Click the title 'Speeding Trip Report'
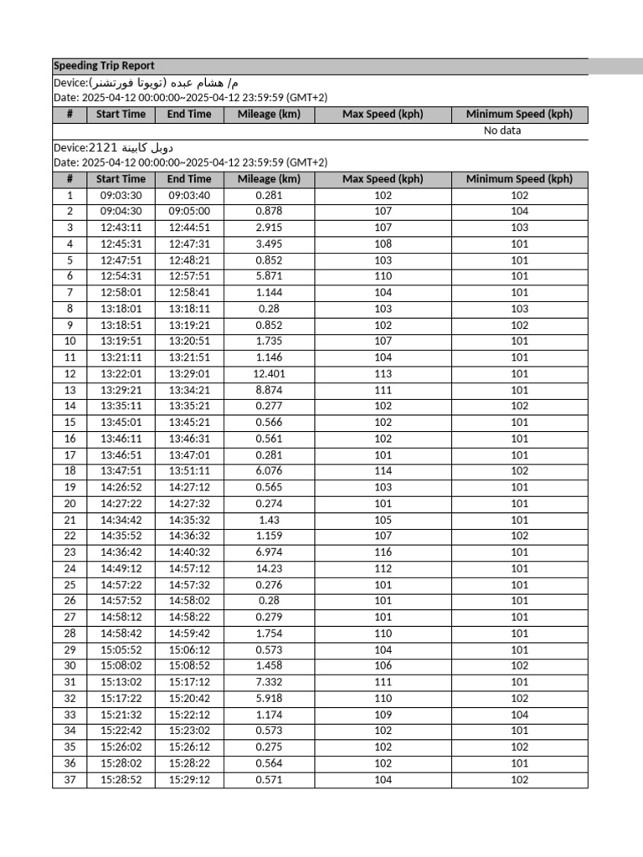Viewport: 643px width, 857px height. (104, 66)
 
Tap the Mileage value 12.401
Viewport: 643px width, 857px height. (269, 374)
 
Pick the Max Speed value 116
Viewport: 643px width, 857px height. (383, 552)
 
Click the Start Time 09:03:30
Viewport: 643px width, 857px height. (121, 195)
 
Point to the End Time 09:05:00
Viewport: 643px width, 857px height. (189, 212)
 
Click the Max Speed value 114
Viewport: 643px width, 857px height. (383, 471)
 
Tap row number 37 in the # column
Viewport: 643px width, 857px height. (69, 780)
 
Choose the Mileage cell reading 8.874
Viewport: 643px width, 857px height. (269, 390)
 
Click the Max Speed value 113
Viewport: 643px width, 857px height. (383, 374)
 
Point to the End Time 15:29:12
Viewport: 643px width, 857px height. (189, 780)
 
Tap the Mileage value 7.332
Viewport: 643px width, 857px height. (269, 683)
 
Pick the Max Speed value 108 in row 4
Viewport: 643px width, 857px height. (383, 244)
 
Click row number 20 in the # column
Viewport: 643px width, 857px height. (69, 504)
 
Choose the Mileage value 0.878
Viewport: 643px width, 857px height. (269, 212)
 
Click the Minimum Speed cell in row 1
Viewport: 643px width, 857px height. (519, 195)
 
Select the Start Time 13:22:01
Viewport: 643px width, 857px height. (121, 374)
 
